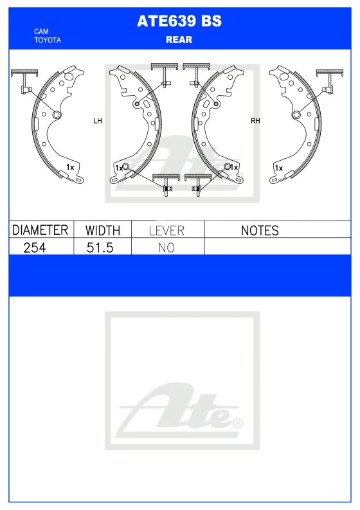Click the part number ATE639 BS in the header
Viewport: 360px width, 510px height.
coord(179,21)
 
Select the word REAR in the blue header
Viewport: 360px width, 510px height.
coord(179,40)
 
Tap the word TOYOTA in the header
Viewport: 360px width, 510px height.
coord(48,40)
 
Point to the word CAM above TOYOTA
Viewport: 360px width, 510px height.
coord(41,32)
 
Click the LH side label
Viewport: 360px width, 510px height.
coord(98,120)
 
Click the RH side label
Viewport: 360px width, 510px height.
coord(255,120)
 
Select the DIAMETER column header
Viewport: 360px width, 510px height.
coord(40,230)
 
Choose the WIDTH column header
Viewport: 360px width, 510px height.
coord(103,230)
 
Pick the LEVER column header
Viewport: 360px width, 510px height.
coord(166,230)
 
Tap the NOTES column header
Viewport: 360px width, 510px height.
coord(259,230)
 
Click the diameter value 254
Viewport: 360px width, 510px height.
coord(35,247)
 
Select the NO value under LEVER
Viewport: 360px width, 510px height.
coord(166,247)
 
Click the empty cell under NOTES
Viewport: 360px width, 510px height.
coord(276,247)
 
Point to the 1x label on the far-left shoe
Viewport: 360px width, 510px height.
coord(70,167)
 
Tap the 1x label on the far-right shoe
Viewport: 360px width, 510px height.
coord(278,167)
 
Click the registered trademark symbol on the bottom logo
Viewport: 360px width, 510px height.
coord(238,423)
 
